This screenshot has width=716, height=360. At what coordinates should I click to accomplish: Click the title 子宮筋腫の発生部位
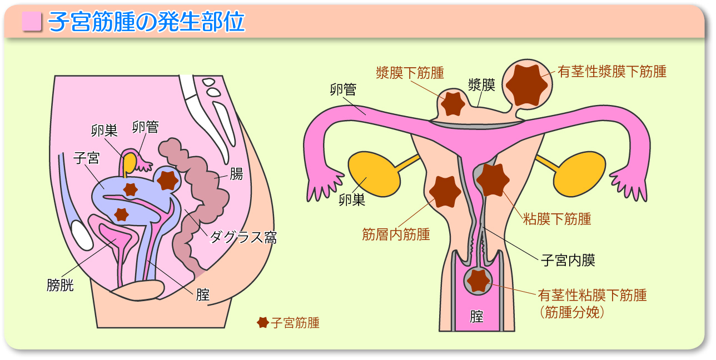147,22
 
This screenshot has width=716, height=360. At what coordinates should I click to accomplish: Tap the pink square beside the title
32,22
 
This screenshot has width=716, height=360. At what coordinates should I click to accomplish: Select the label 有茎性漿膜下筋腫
611,72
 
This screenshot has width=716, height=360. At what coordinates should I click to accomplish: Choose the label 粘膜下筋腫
556,219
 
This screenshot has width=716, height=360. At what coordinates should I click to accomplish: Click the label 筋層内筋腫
396,234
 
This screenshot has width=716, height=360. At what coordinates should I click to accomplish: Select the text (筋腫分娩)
571,312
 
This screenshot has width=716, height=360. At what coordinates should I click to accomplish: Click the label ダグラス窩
242,238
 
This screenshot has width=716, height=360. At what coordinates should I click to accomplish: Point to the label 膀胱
60,286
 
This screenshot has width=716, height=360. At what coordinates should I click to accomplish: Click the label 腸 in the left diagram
236,174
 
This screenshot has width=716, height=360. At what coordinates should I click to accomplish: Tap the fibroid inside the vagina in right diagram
478,281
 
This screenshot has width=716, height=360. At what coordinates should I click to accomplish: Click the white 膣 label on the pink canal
476,317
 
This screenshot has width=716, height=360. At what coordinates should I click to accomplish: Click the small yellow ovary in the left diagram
130,163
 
